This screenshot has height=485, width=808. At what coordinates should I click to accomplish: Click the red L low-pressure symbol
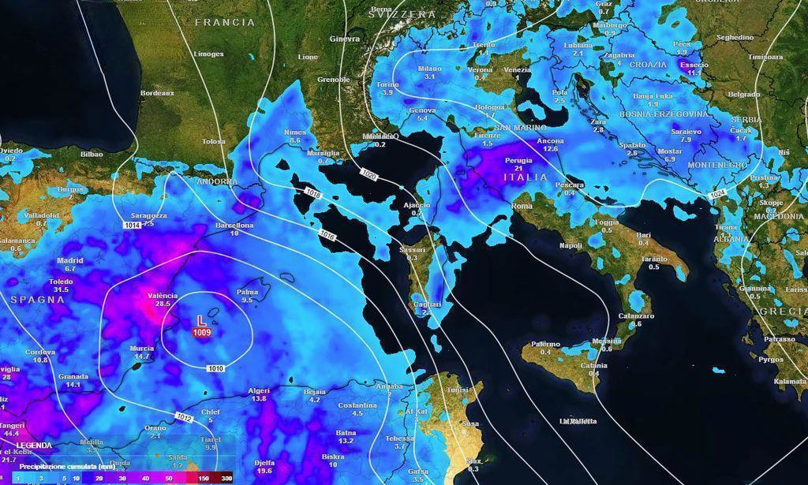point(201,321)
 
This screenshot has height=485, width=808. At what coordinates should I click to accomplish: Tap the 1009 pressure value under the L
point(201,333)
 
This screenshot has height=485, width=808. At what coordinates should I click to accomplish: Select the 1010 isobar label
point(216,368)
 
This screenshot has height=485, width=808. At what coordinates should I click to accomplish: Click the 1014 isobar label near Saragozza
point(133,226)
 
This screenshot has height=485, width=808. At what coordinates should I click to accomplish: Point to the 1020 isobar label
point(368,173)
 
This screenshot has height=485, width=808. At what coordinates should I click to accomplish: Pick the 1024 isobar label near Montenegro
point(716,194)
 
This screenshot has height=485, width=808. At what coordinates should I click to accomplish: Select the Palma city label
point(247,292)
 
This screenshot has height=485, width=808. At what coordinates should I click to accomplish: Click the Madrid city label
point(70,260)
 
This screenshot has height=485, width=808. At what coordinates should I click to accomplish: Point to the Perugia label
point(518,160)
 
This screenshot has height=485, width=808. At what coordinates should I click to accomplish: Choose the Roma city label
point(522,206)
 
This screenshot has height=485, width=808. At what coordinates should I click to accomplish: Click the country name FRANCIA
point(225,23)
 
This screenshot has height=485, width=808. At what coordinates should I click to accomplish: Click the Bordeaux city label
point(156,92)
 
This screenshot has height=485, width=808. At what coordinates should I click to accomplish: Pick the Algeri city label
point(259,390)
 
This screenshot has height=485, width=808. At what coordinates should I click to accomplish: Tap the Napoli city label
point(570,245)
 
